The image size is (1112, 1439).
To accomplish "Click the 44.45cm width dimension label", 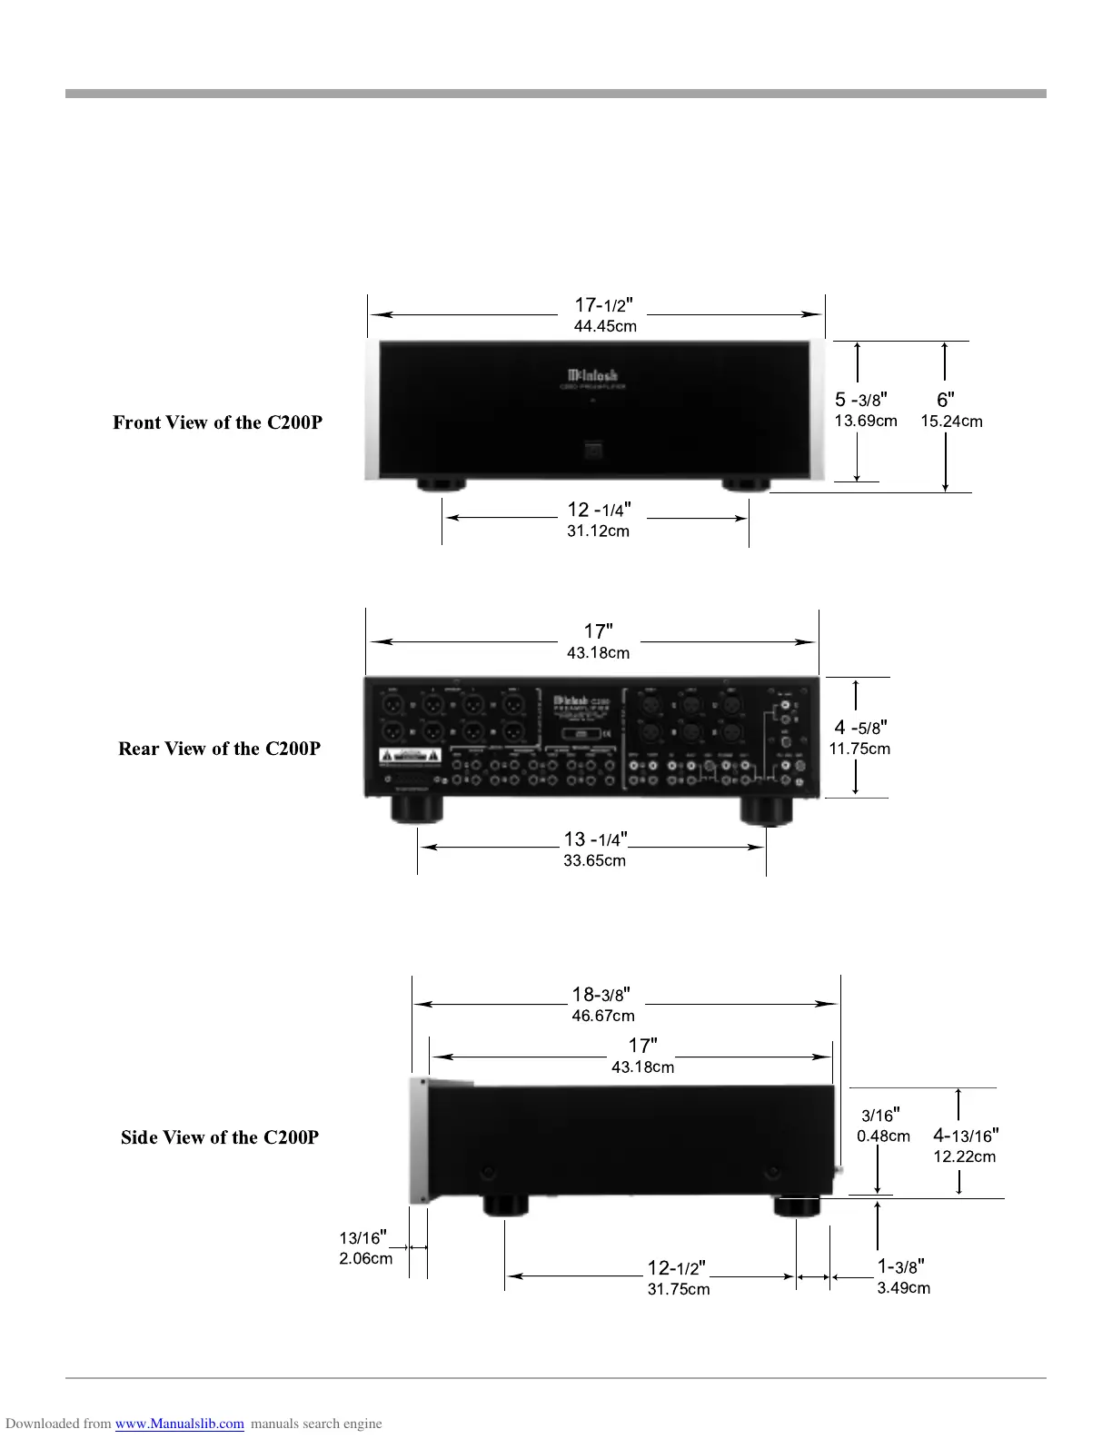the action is [604, 326].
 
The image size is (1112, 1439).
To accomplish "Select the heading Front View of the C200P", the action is [217, 422].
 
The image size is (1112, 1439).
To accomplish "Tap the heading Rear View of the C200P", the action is [219, 749].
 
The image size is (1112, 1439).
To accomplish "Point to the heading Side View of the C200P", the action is [220, 1137].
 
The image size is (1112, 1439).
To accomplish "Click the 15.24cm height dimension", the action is [951, 422].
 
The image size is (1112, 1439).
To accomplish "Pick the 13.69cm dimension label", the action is [866, 421].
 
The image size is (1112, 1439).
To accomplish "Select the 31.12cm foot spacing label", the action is [598, 531].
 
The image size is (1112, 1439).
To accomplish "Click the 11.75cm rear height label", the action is [859, 749].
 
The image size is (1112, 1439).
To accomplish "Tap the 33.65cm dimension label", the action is [594, 861].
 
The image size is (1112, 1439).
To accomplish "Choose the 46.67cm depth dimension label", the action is [603, 1016].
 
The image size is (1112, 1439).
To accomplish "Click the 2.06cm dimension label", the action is [366, 1258].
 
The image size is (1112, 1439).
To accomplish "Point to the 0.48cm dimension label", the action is [883, 1136].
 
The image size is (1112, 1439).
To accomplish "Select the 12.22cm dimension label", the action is [965, 1156].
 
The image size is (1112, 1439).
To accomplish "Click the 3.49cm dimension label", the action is [903, 1288].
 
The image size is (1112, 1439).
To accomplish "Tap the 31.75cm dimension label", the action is [679, 1289].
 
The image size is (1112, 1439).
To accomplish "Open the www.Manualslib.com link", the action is [179, 1424].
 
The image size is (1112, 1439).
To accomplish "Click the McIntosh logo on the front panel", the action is [592, 375].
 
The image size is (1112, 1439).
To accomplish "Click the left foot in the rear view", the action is [417, 809].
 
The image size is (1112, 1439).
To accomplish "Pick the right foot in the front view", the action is [746, 484].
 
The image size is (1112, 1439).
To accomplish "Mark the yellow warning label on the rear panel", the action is [410, 756].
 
